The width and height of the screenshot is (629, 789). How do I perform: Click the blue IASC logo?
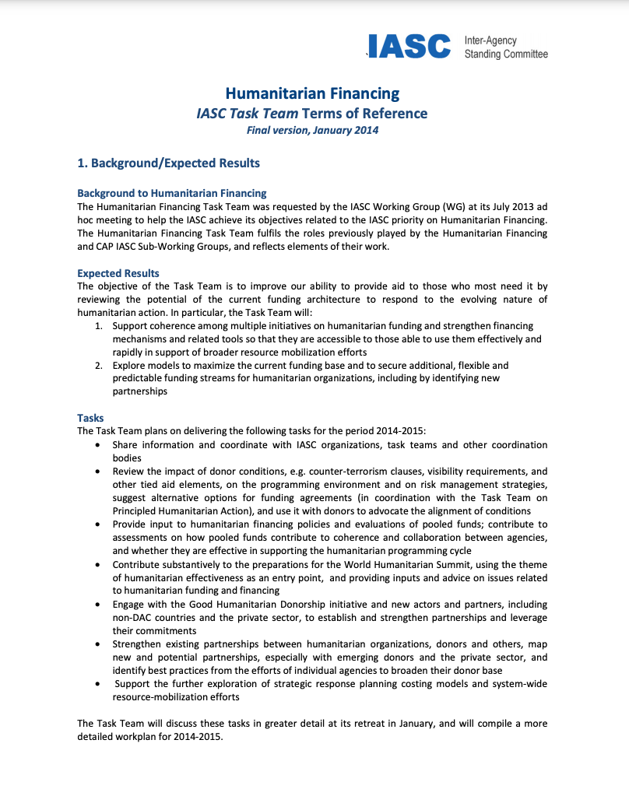409,47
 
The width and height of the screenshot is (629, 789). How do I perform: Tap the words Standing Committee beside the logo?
506,54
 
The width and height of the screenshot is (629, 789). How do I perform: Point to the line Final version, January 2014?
312,130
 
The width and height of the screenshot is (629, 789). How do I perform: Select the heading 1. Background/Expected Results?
168,163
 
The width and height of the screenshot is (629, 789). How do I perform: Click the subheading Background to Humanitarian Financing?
172,193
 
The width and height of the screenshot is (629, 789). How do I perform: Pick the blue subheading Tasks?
90,418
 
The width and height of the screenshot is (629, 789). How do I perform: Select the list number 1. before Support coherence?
100,326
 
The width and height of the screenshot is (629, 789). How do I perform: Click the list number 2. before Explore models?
100,365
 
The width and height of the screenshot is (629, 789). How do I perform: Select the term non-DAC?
132,618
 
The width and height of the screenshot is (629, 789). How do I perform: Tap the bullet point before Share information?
96,445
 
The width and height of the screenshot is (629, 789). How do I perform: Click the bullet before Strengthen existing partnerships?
96,644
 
